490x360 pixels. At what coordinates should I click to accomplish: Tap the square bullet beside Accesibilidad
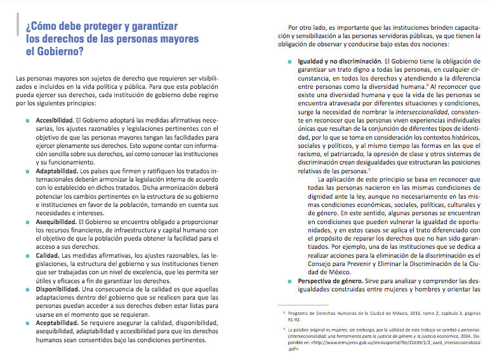[x=27, y=120]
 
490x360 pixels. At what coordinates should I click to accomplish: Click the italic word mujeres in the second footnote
[x=341, y=330]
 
